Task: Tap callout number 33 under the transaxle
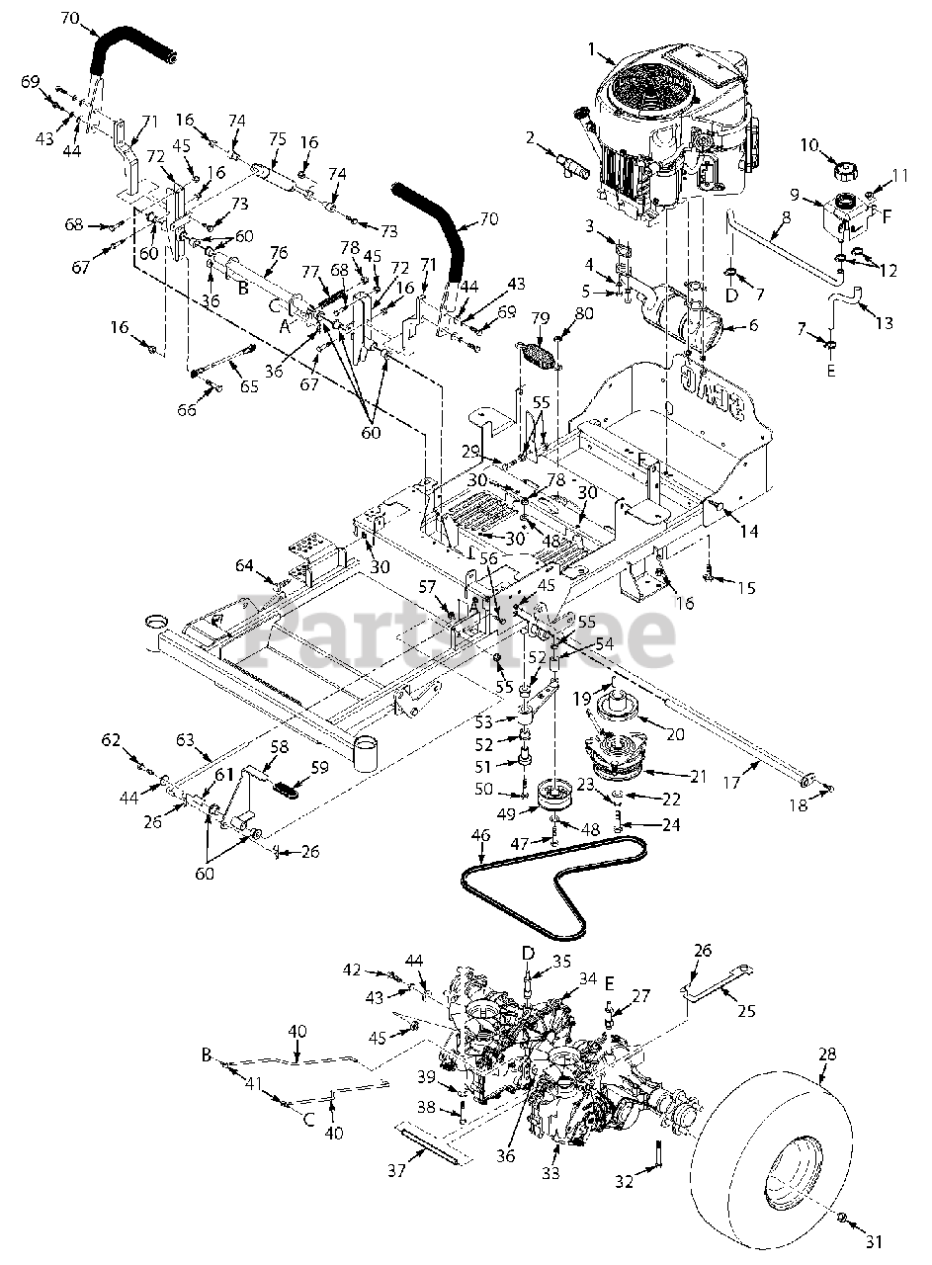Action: point(550,1173)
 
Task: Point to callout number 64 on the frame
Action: point(244,565)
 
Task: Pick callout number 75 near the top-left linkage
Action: point(276,139)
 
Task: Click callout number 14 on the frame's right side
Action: point(748,532)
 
